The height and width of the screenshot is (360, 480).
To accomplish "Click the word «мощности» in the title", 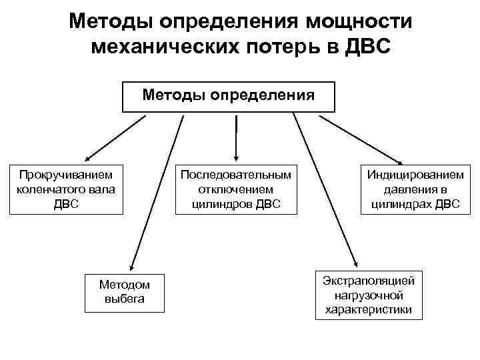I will [x=359, y=21].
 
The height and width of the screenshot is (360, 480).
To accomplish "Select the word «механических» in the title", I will [x=167, y=48].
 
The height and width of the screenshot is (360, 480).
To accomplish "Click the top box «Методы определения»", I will [x=229, y=97].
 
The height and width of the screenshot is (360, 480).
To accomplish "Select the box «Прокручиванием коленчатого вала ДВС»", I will [x=66, y=189].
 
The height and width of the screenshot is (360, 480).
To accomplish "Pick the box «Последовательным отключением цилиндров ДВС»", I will [x=235, y=189].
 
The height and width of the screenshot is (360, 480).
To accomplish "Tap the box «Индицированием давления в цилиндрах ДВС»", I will [x=415, y=189].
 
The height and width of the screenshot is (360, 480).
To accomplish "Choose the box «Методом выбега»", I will [x=125, y=292].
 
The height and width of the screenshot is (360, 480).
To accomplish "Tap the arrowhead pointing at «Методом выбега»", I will [x=132, y=265].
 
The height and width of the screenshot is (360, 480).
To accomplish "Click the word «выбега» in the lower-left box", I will [x=125, y=299].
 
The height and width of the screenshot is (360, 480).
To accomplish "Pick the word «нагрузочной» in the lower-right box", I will [x=369, y=294].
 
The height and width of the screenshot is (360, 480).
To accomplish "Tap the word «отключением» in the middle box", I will [x=235, y=189].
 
